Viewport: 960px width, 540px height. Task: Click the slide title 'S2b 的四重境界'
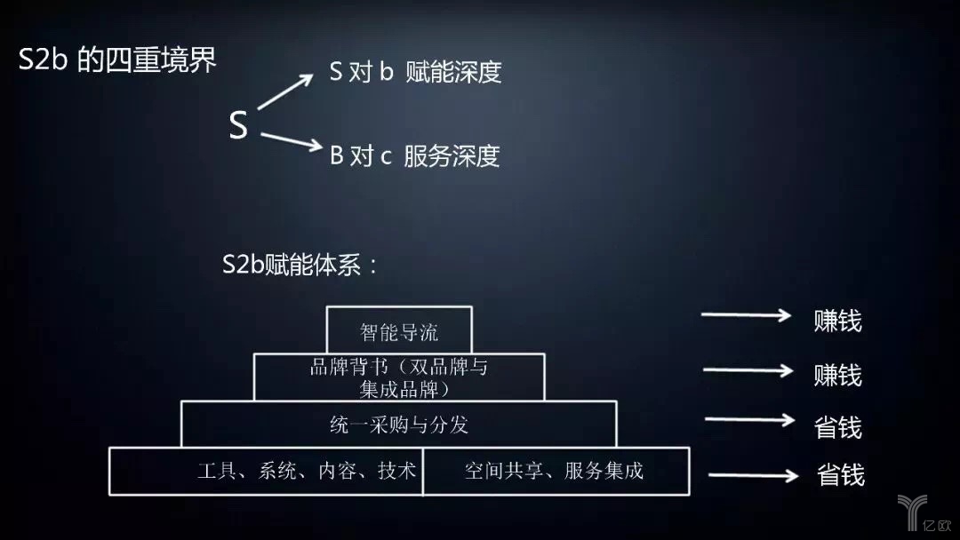(x=117, y=60)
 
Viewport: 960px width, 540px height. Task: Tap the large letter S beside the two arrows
(x=238, y=124)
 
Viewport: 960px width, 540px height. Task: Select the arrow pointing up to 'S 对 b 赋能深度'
(x=285, y=91)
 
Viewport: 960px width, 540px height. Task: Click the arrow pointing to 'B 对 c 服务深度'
(x=292, y=141)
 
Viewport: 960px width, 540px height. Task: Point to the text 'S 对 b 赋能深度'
(x=415, y=72)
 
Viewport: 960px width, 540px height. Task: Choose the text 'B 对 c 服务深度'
(x=414, y=156)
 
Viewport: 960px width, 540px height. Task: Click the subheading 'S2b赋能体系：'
(x=300, y=265)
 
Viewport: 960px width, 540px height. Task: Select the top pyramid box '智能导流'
(x=399, y=330)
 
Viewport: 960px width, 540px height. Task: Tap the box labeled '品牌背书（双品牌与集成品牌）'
(x=399, y=377)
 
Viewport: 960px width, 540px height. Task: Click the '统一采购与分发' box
(x=399, y=424)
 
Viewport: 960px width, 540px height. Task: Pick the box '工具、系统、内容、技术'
(x=267, y=471)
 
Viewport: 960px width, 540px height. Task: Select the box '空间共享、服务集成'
(x=556, y=471)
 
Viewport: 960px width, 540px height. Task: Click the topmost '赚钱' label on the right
(x=837, y=321)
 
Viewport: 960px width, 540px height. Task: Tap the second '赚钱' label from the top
(x=837, y=374)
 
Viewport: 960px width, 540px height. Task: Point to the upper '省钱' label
(x=837, y=427)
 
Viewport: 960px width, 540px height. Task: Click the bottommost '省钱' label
(x=841, y=474)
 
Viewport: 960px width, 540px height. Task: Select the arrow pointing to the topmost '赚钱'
(x=747, y=315)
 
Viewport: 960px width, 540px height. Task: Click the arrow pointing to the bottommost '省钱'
(x=754, y=475)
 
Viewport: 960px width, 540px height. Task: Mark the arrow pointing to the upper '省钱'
(x=750, y=419)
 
